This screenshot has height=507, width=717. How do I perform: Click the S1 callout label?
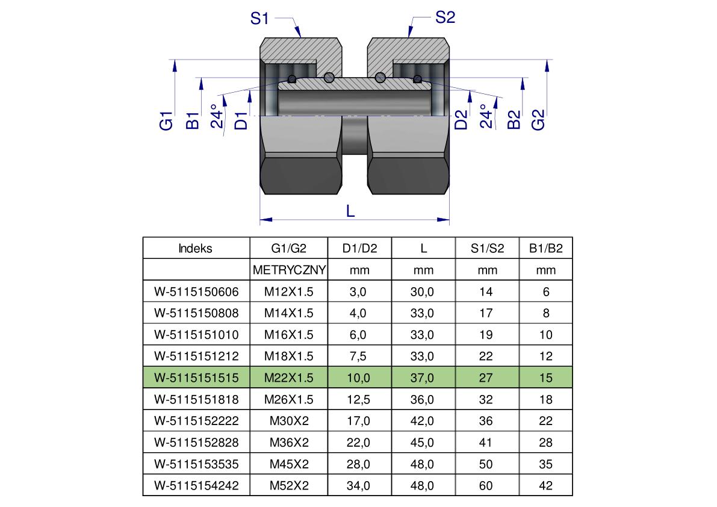pyautogui.click(x=259, y=18)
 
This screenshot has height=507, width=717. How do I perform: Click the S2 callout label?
pyautogui.click(x=445, y=17)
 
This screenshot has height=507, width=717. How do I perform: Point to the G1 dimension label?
pyautogui.click(x=166, y=120)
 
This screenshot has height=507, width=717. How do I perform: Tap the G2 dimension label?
pyautogui.click(x=538, y=120)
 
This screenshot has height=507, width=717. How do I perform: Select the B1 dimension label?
pyautogui.click(x=193, y=120)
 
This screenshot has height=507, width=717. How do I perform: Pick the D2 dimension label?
pyautogui.click(x=461, y=120)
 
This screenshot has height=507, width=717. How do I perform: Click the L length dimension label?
pyautogui.click(x=350, y=211)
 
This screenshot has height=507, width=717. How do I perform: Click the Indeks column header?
pyautogui.click(x=195, y=248)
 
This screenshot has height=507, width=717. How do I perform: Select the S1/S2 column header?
pyautogui.click(x=487, y=248)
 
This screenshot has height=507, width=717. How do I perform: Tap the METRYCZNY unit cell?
pyautogui.click(x=289, y=270)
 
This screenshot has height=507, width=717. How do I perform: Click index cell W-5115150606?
pyautogui.click(x=196, y=291)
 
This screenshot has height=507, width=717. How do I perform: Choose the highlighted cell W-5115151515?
pyautogui.click(x=196, y=378)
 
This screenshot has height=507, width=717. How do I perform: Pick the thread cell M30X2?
pyautogui.click(x=289, y=421)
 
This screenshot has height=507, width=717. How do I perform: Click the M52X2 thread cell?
pyautogui.click(x=289, y=485)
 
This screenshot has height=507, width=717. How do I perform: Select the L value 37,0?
pyautogui.click(x=422, y=378)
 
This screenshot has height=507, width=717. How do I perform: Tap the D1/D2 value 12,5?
pyautogui.click(x=359, y=399)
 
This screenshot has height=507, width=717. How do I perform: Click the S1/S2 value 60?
pyautogui.click(x=486, y=485)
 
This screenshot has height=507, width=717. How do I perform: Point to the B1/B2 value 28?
pyautogui.click(x=545, y=442)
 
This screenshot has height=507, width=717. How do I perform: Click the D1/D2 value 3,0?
pyautogui.click(x=358, y=291)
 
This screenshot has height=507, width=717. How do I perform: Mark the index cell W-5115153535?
pyautogui.click(x=196, y=464)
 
